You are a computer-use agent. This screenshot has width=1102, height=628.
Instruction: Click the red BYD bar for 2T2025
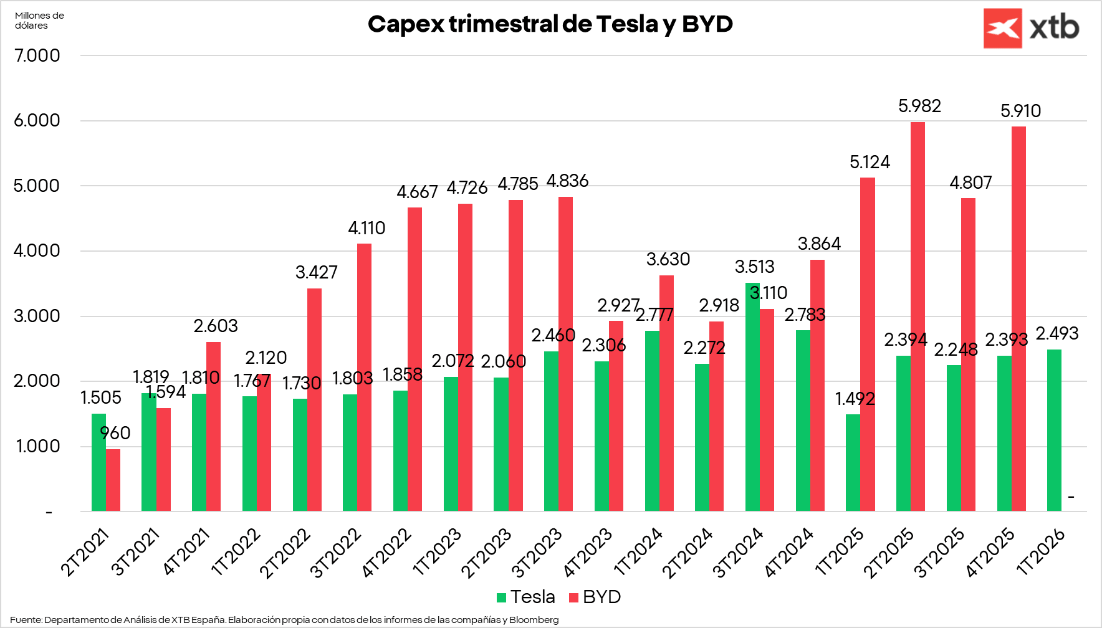click(918, 316)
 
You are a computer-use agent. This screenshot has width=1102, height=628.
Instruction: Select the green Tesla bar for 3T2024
click(752, 397)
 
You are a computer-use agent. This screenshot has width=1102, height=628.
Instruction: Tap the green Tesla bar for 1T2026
click(1054, 430)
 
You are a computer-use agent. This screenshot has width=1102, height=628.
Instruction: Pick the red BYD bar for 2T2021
click(113, 480)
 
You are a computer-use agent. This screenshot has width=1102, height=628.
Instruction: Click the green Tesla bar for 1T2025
click(853, 462)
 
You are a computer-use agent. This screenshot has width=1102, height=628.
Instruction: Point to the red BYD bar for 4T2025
click(1018, 319)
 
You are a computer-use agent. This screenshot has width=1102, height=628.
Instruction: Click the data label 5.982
click(919, 107)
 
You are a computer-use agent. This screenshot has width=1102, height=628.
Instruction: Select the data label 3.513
click(754, 267)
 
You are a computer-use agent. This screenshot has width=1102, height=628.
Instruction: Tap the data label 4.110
click(367, 229)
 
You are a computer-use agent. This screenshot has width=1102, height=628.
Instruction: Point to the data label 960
click(115, 433)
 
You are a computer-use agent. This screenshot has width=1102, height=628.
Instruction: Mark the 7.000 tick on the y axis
click(37, 55)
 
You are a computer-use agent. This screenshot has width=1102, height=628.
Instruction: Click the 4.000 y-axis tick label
click(37, 251)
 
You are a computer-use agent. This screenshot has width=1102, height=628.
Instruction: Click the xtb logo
click(1031, 28)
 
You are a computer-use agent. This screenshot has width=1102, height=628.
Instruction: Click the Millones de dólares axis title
click(39, 21)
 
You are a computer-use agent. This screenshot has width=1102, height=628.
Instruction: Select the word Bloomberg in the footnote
click(534, 620)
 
